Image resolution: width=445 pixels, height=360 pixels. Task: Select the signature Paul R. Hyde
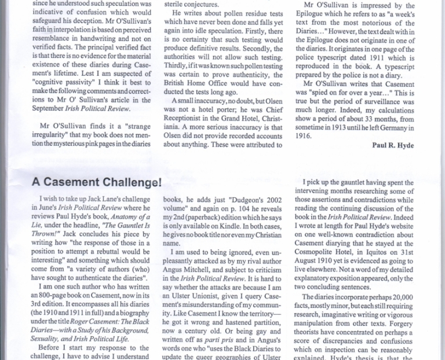[393, 145]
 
